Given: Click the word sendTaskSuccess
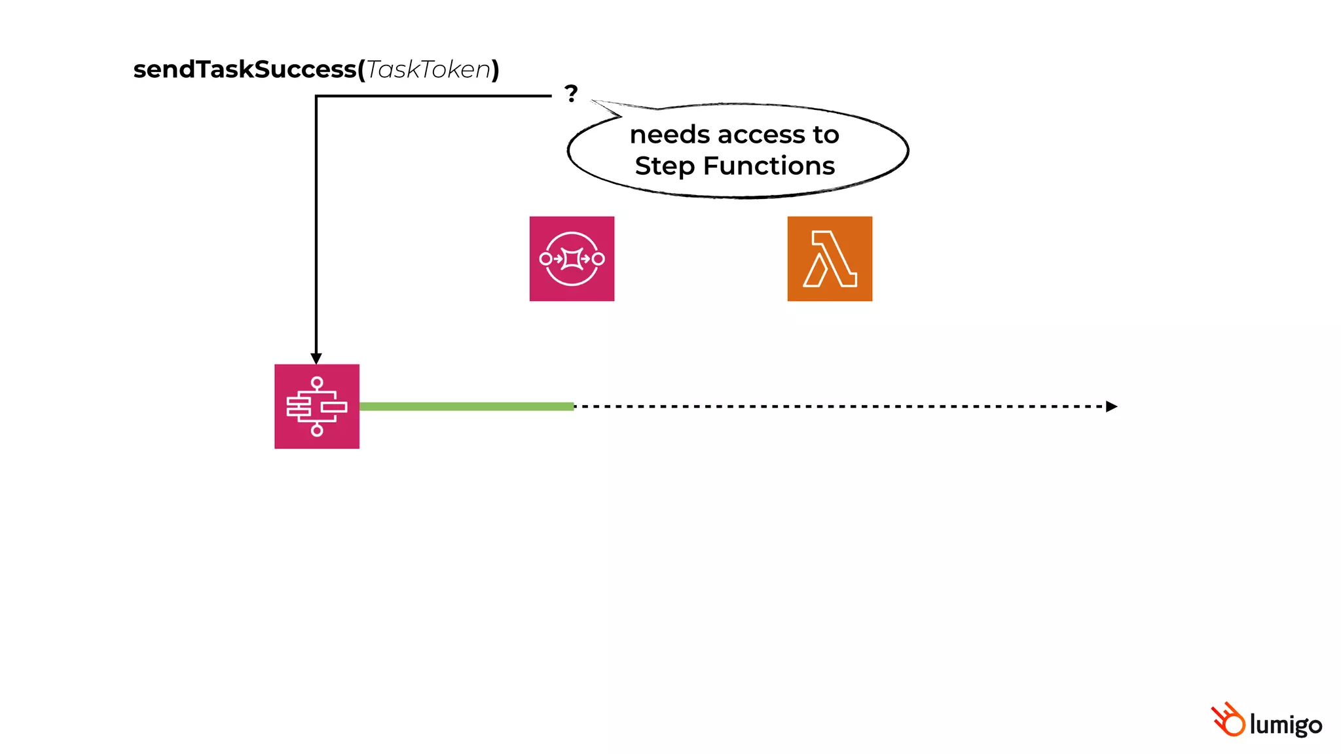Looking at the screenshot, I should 244,69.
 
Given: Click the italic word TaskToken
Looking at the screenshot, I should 428,69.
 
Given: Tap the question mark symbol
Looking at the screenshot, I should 571,94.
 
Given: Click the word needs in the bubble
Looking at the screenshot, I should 670,135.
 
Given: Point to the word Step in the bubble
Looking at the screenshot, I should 665,166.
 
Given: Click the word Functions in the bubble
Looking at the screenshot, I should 769,166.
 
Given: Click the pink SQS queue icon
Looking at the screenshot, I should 572,259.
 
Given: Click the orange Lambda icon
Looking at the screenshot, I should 830,259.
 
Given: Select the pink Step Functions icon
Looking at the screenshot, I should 317,406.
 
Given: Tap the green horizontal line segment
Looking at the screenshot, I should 466,406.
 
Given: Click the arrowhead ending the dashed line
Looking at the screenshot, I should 1111,406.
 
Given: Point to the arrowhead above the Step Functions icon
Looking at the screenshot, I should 316,359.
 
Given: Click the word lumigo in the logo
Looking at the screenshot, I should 1285,725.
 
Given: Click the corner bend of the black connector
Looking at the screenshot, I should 316,96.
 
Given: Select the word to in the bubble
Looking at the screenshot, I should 826,135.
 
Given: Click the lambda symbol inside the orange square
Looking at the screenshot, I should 830,259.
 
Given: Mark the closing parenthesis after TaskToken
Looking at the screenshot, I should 496,69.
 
